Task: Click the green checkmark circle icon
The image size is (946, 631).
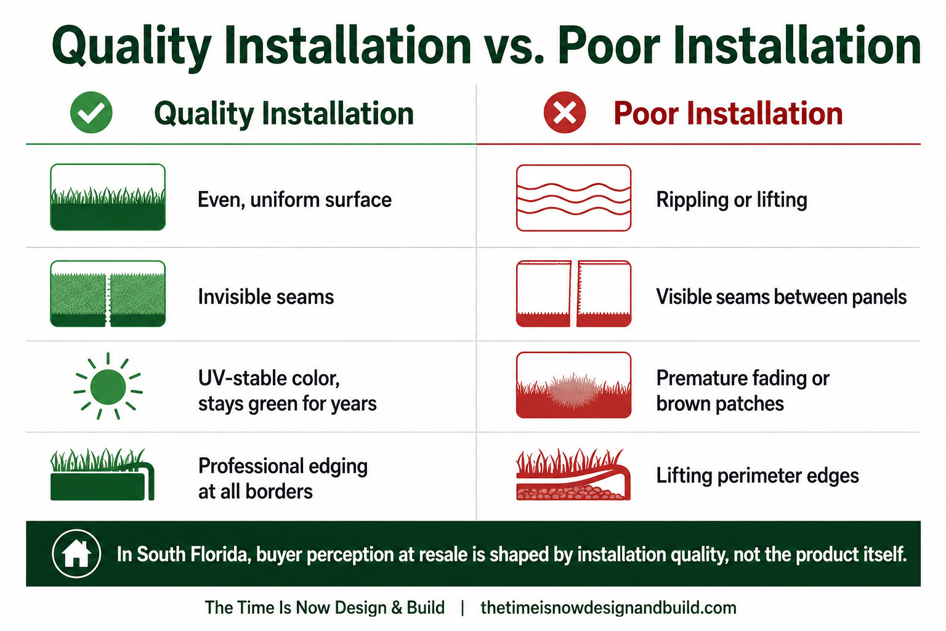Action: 91,112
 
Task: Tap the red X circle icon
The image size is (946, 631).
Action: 565,112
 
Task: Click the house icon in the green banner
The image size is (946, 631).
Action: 76,553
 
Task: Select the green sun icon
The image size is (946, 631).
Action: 108,386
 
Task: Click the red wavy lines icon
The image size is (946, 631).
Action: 573,198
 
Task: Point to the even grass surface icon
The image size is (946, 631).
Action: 108,197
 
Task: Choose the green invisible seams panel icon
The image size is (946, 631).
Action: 108,294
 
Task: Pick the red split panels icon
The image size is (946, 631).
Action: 573,294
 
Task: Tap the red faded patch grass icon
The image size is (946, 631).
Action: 573,385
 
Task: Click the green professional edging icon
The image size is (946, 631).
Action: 102,474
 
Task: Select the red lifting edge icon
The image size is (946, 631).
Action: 573,474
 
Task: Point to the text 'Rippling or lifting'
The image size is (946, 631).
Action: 732,200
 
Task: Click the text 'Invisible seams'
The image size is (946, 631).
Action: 266,296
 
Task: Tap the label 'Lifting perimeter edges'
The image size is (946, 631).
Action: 758,476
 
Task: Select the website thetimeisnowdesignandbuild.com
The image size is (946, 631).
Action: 608,608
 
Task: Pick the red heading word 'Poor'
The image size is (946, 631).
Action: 647,113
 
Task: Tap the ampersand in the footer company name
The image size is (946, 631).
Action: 397,608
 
